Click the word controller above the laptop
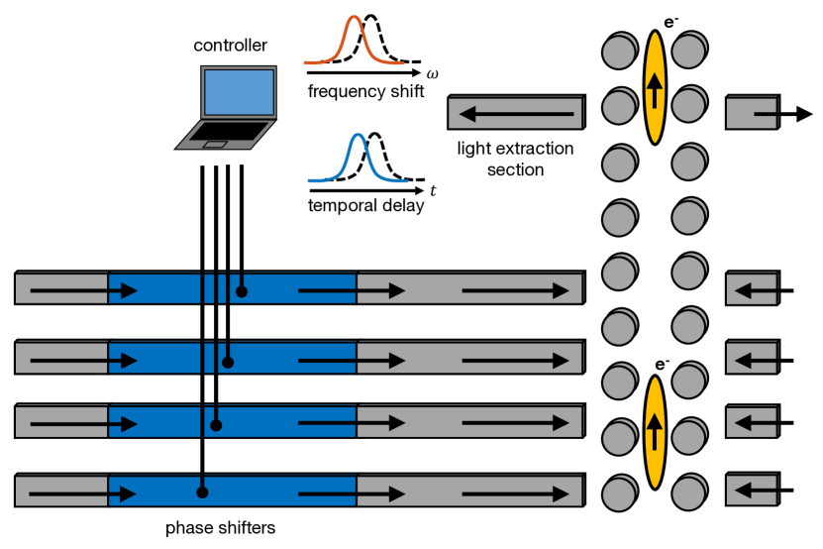click(x=230, y=46)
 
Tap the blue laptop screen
click(x=239, y=92)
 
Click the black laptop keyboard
click(x=229, y=132)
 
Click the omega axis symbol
click(x=432, y=74)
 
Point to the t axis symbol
click(x=433, y=190)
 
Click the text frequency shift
click(x=365, y=91)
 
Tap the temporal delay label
click(x=365, y=205)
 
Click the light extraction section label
click(x=515, y=160)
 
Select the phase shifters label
click(x=221, y=528)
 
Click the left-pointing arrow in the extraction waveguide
click(x=517, y=114)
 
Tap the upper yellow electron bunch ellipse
click(x=655, y=87)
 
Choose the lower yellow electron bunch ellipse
click(x=655, y=432)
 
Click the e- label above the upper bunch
click(x=670, y=22)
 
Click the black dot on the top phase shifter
click(x=242, y=291)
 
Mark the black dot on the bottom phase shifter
click(x=202, y=493)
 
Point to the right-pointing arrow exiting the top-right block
click(x=783, y=114)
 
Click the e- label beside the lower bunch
click(x=663, y=365)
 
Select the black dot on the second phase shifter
click(x=228, y=362)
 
